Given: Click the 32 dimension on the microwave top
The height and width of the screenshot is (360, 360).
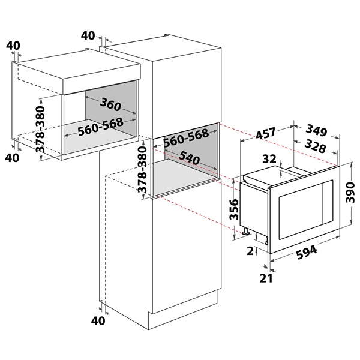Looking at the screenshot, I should coord(269,159).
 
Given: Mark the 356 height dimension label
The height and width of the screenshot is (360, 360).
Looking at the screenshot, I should coord(235,210).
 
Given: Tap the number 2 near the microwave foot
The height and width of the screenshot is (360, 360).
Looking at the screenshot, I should coord(251,252).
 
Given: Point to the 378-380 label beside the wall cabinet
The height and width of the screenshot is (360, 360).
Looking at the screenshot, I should coord(39,131).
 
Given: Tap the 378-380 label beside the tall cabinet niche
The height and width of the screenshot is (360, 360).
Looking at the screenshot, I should coord(142,169).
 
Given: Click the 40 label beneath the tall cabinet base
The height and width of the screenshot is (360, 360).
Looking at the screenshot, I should coord(98,321).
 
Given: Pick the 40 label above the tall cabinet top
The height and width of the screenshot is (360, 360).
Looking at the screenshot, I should coord(88,35).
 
